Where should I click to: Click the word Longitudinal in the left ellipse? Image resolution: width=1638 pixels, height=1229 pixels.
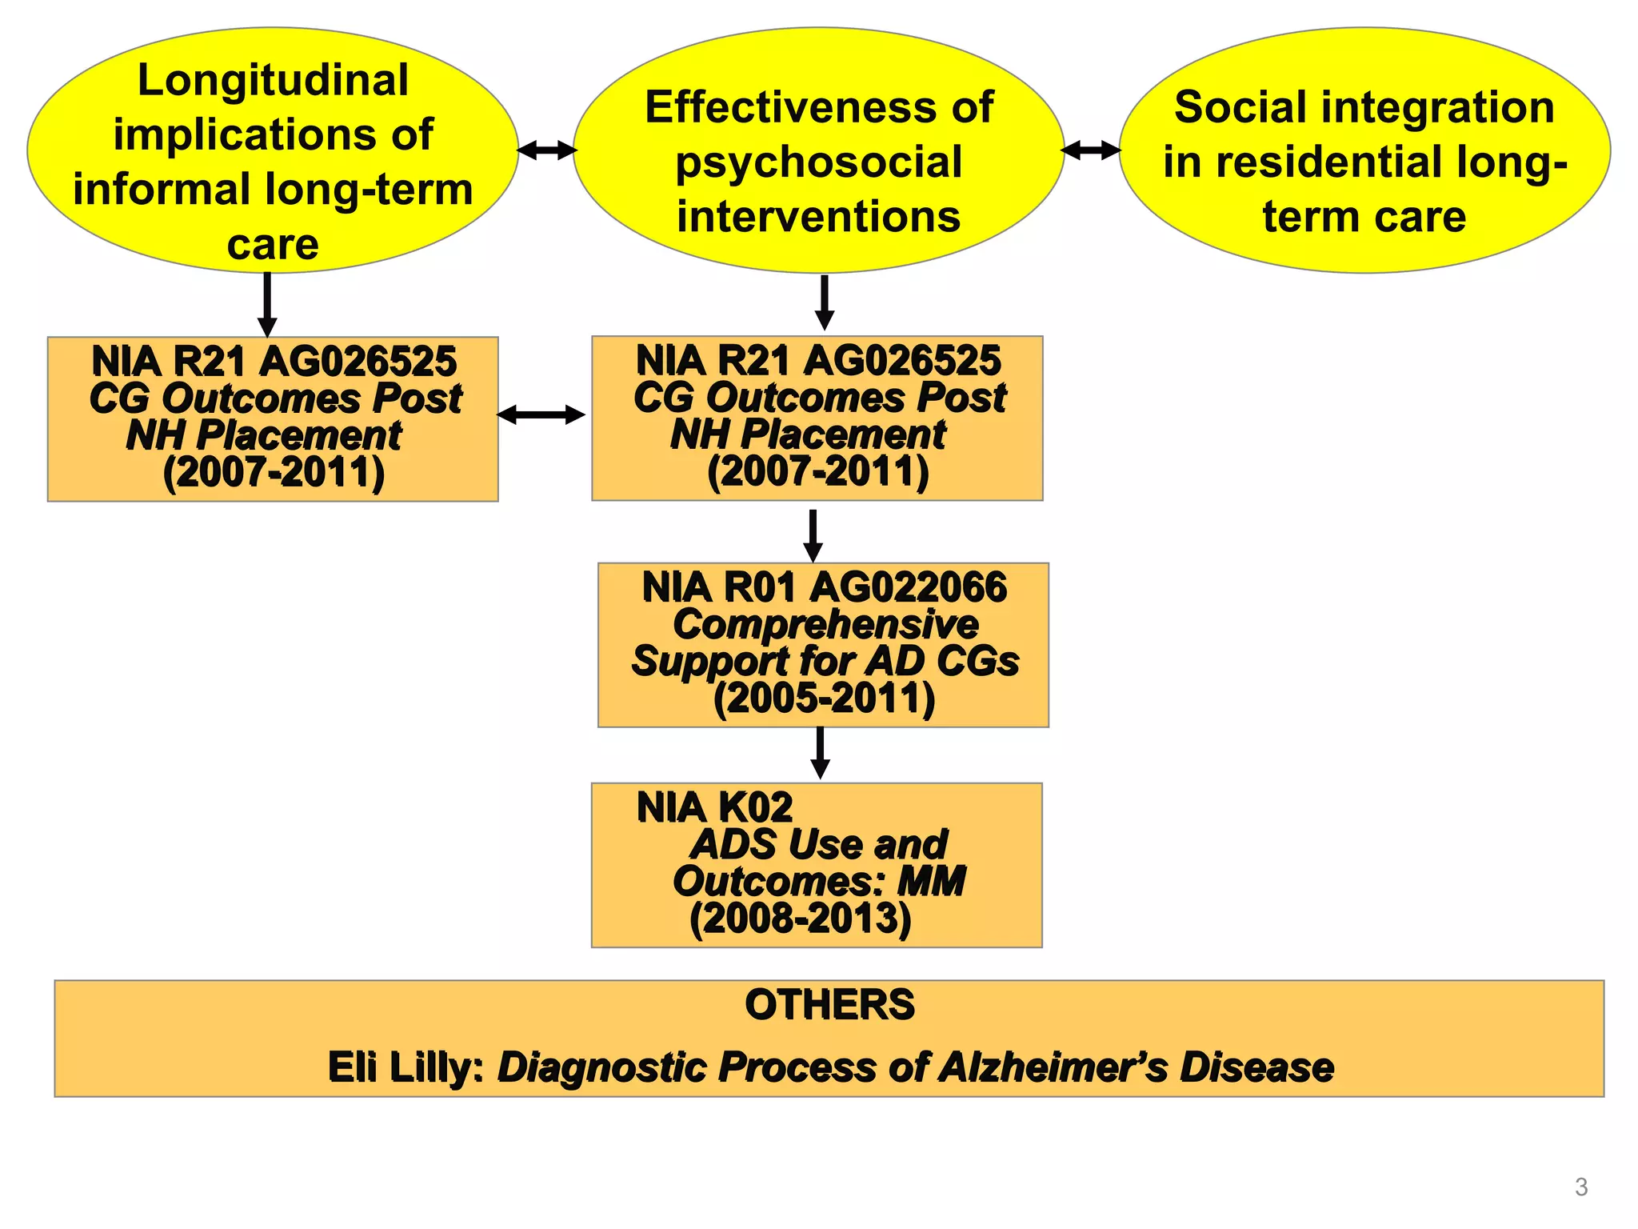click(x=273, y=81)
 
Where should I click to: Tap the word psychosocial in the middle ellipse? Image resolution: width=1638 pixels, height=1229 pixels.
click(x=818, y=162)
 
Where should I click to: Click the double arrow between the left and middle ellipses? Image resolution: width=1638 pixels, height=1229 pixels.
click(x=546, y=150)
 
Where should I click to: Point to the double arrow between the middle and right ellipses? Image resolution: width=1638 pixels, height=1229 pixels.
click(x=1091, y=150)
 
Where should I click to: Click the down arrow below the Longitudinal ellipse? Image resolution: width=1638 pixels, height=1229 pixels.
click(x=267, y=304)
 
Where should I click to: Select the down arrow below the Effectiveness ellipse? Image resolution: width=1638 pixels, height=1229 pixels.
click(x=824, y=302)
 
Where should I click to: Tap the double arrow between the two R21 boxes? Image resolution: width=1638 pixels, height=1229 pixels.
click(x=541, y=414)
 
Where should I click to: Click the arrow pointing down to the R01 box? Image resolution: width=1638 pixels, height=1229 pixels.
click(x=813, y=535)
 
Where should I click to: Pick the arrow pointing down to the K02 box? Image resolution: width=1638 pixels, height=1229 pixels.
click(x=820, y=753)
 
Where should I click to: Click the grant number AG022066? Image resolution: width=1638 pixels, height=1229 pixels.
click(x=909, y=588)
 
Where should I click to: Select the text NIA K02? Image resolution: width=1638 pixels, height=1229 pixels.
click(x=714, y=807)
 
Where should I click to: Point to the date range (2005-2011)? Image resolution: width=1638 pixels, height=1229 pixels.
click(x=824, y=699)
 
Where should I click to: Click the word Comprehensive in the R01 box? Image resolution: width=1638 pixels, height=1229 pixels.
click(x=825, y=625)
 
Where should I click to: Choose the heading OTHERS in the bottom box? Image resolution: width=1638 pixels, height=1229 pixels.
click(x=829, y=1005)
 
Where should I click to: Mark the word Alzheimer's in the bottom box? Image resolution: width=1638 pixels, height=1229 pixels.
click(x=1053, y=1067)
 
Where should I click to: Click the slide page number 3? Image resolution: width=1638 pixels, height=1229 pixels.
click(x=1580, y=1187)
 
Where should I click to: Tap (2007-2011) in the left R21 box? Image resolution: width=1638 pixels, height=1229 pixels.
click(x=274, y=472)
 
